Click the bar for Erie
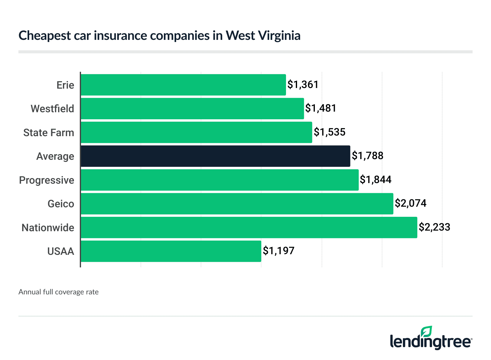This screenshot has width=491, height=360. [x=183, y=85]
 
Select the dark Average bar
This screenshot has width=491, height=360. [x=215, y=156]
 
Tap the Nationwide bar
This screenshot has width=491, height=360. [x=249, y=228]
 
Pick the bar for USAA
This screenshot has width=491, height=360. [x=171, y=251]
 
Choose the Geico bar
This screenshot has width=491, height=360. [x=237, y=204]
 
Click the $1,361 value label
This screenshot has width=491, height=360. [x=303, y=85]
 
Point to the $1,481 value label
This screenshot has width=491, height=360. [x=321, y=108]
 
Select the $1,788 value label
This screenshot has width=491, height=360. [x=368, y=156]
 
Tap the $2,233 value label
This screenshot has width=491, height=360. [x=435, y=227]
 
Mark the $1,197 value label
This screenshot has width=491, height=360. [x=279, y=251]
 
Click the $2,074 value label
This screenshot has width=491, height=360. [x=411, y=203]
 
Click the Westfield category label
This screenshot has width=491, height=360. [x=52, y=109]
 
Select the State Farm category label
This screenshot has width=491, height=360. [x=49, y=132]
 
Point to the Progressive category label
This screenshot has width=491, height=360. [x=47, y=180]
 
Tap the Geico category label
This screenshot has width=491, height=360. [x=61, y=204]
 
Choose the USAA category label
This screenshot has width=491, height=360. [x=61, y=251]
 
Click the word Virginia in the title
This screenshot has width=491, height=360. [x=279, y=36]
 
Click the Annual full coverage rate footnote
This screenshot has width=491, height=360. [x=59, y=292]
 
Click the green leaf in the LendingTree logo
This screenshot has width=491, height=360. [x=427, y=332]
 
